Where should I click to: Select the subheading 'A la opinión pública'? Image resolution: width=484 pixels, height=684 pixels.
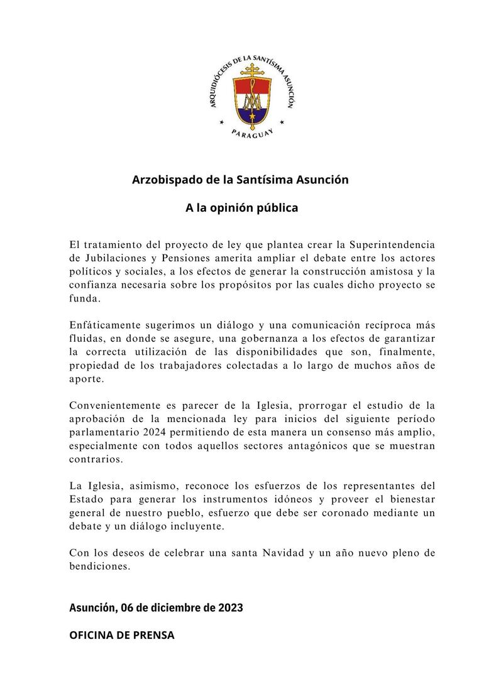coord(241,208)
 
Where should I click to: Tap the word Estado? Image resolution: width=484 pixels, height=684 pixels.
coord(88,501)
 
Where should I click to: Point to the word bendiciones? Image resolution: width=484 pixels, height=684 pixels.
coord(100,567)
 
